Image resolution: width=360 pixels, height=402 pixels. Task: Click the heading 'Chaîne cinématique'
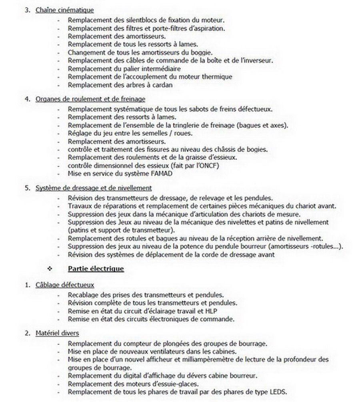click(x=65, y=10)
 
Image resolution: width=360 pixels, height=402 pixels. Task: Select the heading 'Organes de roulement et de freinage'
click(x=90, y=99)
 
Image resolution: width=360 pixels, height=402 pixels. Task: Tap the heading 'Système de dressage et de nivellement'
click(x=94, y=188)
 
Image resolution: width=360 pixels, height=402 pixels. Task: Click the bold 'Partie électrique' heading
click(x=96, y=269)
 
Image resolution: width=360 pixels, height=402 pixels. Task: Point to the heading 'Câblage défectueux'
click(x=65, y=285)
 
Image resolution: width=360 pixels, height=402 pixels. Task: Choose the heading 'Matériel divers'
click(x=57, y=333)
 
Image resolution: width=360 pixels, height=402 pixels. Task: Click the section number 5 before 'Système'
click(x=27, y=188)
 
